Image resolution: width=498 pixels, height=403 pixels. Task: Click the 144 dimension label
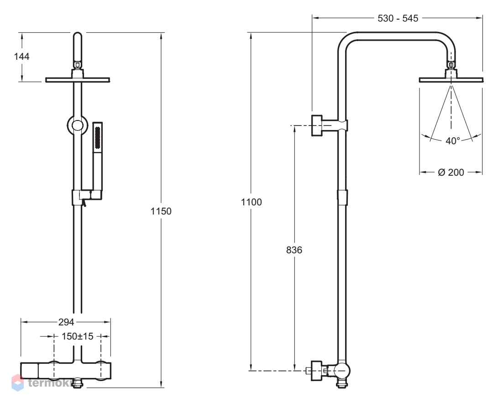pyautogui.click(x=21, y=57)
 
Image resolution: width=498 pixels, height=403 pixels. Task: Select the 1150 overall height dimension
pyautogui.click(x=161, y=211)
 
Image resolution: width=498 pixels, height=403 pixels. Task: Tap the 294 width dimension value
pyautogui.click(x=66, y=322)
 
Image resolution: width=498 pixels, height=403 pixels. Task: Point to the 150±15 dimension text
pyautogui.click(x=78, y=336)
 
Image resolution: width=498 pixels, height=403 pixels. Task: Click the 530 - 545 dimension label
pyautogui.click(x=398, y=18)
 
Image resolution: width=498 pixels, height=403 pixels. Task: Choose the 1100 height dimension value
pyautogui.click(x=251, y=202)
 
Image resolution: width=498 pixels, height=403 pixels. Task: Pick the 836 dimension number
pyautogui.click(x=294, y=250)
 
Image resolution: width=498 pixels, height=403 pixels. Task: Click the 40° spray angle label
pyautogui.click(x=453, y=141)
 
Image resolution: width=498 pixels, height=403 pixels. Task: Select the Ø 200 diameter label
pyautogui.click(x=451, y=172)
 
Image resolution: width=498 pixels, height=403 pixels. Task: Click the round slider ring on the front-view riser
pyautogui.click(x=78, y=126)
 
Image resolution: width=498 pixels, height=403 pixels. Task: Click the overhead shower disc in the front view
pyautogui.click(x=78, y=79)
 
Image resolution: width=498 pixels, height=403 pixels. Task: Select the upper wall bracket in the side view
pyautogui.click(x=330, y=126)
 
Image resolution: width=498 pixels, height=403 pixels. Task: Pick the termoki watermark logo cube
pyautogui.click(x=18, y=383)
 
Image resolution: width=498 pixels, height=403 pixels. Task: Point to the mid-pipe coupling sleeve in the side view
pyautogui.click(x=342, y=198)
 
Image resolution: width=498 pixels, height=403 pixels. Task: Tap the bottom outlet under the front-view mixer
pyautogui.click(x=78, y=384)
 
